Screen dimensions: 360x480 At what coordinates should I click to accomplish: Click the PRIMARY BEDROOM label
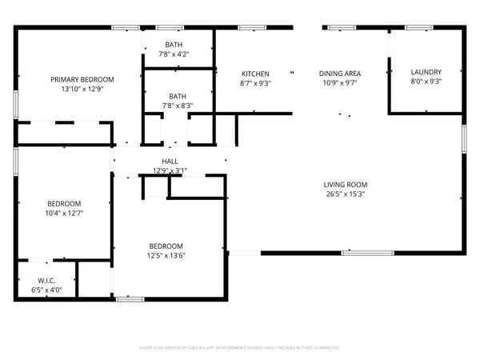tap(82, 79)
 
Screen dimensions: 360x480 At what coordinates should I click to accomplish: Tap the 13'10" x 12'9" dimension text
tap(82, 89)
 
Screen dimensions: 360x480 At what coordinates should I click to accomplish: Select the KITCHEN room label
tap(255, 73)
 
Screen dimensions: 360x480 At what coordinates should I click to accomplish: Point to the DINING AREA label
tap(339, 73)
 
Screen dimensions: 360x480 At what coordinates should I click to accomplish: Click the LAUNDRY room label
tap(426, 71)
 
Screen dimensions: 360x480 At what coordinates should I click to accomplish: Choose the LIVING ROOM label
tap(346, 184)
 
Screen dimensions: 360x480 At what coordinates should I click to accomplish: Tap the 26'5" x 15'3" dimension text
tap(346, 194)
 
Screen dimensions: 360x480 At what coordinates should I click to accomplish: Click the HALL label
tap(170, 161)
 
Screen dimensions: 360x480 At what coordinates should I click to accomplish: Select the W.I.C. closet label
tap(45, 281)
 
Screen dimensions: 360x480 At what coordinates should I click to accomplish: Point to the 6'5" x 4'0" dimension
tap(45, 290)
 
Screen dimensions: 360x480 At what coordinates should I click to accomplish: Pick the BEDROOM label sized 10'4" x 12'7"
tap(65, 203)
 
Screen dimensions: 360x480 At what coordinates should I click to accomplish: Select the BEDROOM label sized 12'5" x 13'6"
tap(166, 246)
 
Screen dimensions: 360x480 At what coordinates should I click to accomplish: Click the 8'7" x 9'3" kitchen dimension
tap(255, 82)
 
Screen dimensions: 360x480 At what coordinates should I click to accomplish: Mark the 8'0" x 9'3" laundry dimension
tap(426, 81)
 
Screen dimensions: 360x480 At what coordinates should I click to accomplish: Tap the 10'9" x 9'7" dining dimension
tap(339, 82)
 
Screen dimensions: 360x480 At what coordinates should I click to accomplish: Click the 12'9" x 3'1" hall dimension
tap(170, 170)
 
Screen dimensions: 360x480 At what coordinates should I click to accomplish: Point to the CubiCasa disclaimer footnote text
tap(240, 348)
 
